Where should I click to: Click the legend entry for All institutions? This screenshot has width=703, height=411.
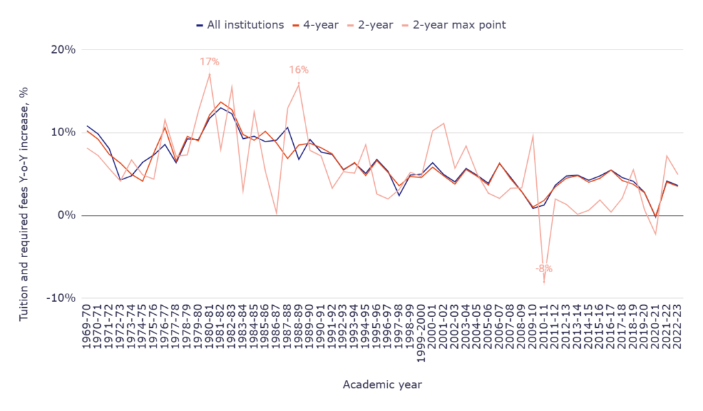tap(240, 25)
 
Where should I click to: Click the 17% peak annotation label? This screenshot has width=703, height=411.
tap(209, 62)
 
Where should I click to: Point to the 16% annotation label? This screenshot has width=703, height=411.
tap(299, 69)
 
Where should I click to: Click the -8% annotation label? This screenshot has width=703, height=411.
tap(544, 269)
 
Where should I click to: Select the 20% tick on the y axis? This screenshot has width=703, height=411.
tap(62, 50)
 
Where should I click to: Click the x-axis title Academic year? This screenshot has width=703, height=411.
tap(382, 385)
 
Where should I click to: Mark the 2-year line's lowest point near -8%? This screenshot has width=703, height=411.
tap(544, 282)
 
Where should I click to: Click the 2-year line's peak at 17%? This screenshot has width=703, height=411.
tap(209, 74)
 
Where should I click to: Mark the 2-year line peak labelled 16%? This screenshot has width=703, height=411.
tap(299, 83)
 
